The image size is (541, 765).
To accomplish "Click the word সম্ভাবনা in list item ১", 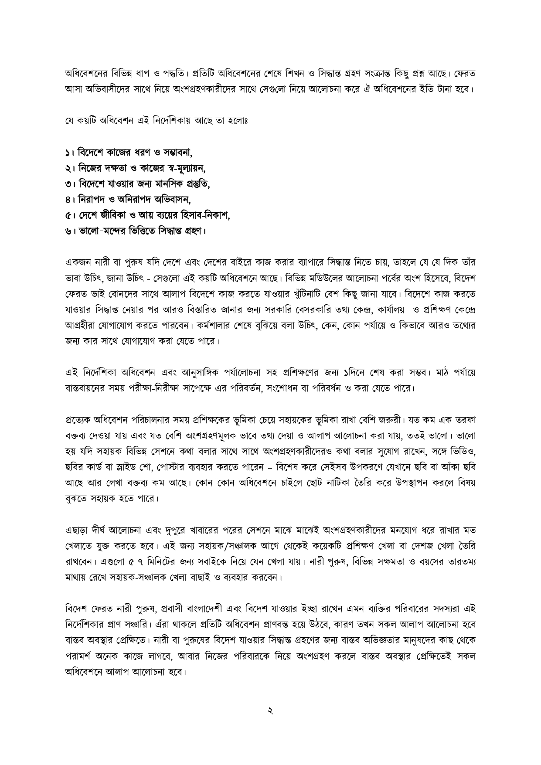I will tap(177, 153).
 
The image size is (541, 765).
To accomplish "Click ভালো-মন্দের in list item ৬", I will tap(98, 231).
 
